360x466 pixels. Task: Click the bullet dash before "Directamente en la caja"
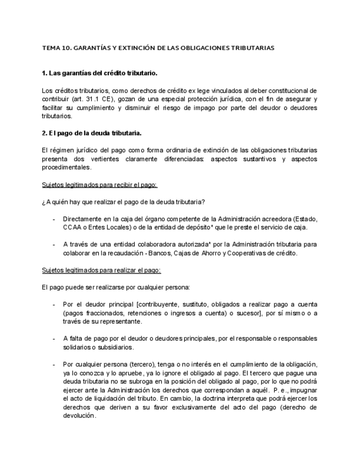point(53,219)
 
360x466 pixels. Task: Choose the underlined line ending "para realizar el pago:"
point(101,270)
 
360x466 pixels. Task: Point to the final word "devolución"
point(80,415)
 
